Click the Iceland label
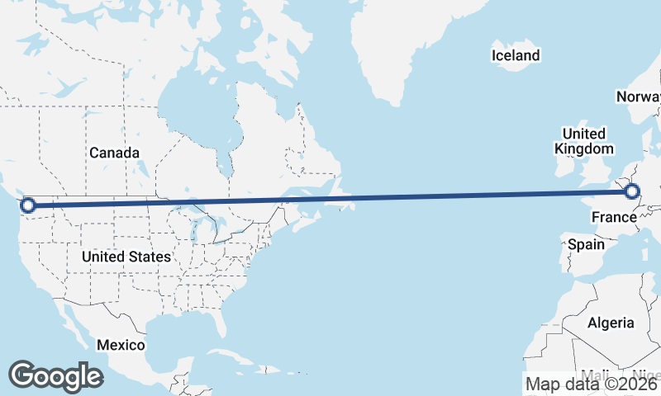point(516,55)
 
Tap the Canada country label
point(114,153)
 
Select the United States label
point(126,257)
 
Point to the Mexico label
point(121,344)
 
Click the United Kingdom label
point(584,141)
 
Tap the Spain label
point(586,244)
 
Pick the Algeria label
point(611,323)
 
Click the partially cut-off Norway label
point(638,97)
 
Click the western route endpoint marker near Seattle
point(27,205)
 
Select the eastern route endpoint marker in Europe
point(632,192)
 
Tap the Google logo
point(55,376)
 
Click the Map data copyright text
point(592,384)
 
